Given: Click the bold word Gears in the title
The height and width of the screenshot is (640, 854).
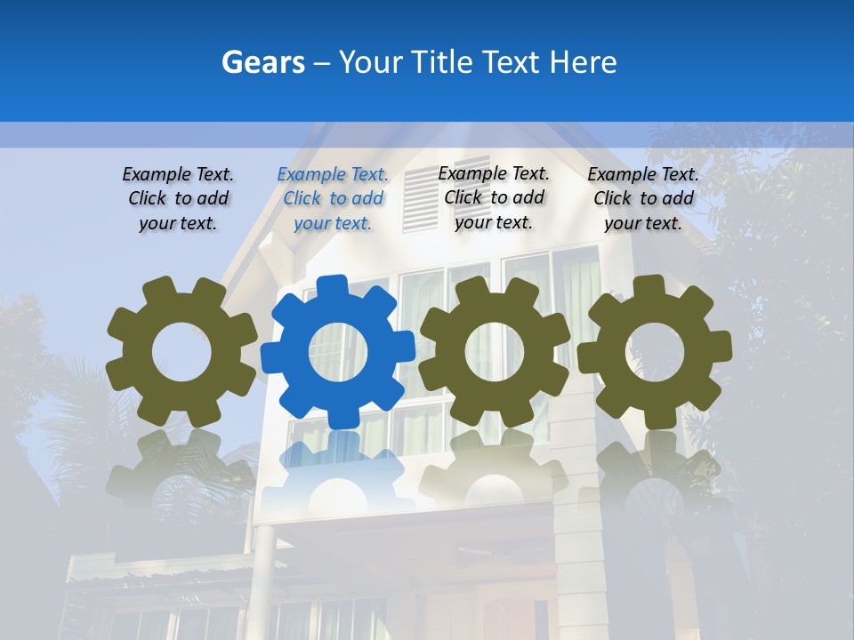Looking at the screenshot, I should pyautogui.click(x=263, y=62).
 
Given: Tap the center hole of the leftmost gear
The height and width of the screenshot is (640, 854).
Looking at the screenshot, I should pyautogui.click(x=181, y=352).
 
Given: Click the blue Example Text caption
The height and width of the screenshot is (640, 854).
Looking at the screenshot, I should pyautogui.click(x=333, y=199).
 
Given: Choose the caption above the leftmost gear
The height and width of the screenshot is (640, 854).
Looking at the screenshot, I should pyautogui.click(x=178, y=199).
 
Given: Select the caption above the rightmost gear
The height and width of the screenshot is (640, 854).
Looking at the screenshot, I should pyautogui.click(x=643, y=199).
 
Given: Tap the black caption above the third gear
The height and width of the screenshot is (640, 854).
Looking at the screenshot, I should pyautogui.click(x=494, y=198).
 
